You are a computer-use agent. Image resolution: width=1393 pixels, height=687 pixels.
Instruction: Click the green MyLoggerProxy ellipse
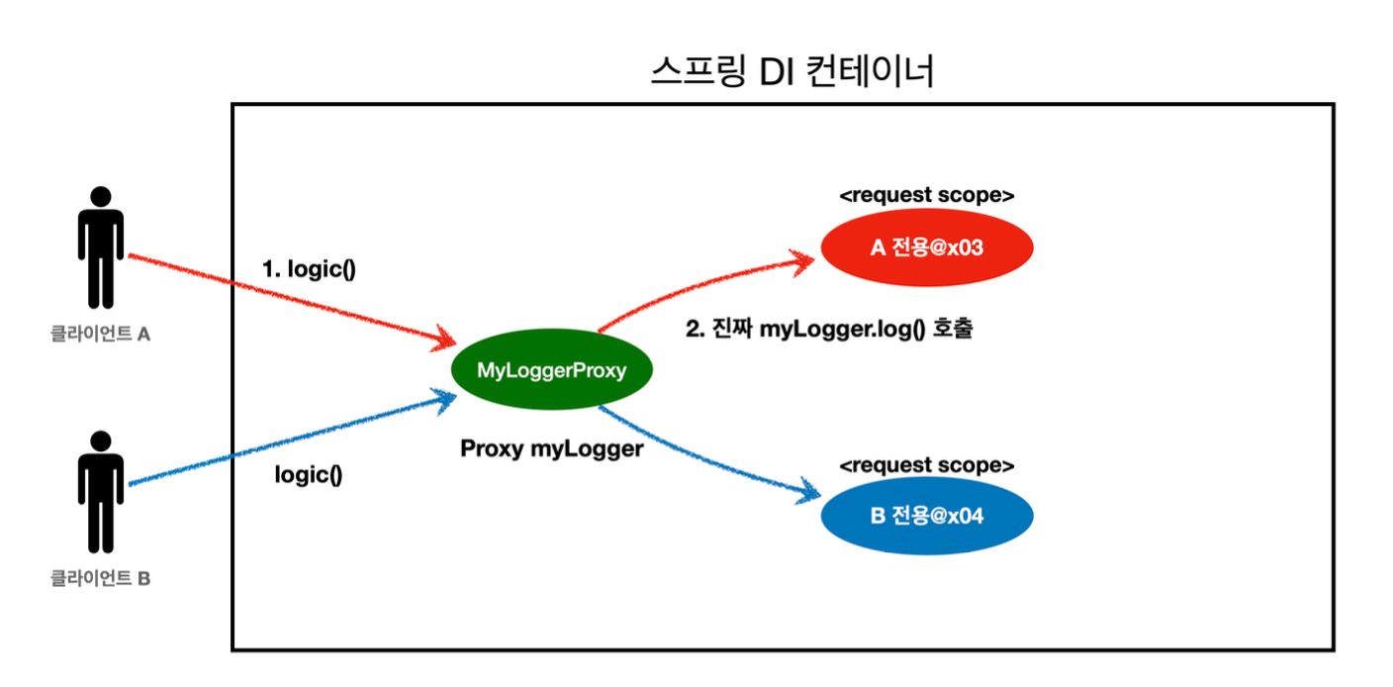(x=551, y=371)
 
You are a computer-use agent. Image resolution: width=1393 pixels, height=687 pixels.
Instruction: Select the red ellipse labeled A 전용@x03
(x=926, y=247)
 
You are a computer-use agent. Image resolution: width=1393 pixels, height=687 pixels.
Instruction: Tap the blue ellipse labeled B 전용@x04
(x=926, y=516)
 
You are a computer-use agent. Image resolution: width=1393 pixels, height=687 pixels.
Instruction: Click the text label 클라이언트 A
(x=101, y=335)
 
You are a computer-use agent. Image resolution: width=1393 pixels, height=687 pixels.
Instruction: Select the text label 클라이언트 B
(x=101, y=579)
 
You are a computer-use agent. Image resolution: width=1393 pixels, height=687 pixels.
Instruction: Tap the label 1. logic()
(x=309, y=269)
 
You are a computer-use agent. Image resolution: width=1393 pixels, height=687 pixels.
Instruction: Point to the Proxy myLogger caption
(x=552, y=448)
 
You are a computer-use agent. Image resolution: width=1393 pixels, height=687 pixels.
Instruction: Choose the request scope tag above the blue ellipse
(x=926, y=465)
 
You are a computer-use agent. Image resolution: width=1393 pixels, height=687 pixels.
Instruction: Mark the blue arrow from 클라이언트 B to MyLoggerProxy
(x=287, y=443)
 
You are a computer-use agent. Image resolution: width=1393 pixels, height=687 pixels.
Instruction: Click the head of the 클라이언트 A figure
(x=101, y=196)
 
